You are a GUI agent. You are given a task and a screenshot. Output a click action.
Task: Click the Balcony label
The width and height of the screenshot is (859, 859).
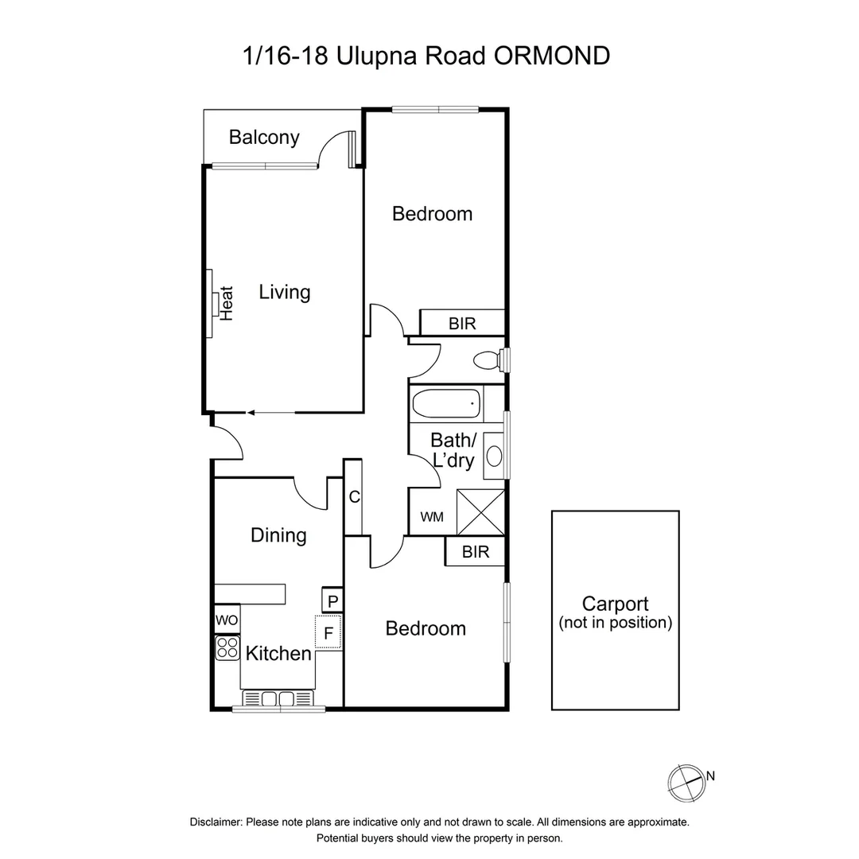pyautogui.click(x=264, y=138)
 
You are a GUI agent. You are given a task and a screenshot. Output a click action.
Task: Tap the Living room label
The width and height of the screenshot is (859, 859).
pyautogui.click(x=284, y=292)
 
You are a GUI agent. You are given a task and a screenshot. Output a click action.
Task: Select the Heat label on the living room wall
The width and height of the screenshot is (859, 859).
pyautogui.click(x=227, y=303)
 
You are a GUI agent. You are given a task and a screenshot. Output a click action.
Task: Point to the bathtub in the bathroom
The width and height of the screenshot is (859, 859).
pyautogui.click(x=448, y=403)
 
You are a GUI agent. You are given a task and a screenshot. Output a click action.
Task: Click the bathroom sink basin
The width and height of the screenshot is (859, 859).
pyautogui.click(x=494, y=456)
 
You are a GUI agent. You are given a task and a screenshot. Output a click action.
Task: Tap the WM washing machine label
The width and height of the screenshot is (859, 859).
pyautogui.click(x=432, y=518)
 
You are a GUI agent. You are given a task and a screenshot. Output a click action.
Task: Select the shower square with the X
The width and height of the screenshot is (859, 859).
pyautogui.click(x=480, y=511)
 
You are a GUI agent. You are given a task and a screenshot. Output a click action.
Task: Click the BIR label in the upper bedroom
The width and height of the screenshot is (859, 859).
pyautogui.click(x=462, y=324)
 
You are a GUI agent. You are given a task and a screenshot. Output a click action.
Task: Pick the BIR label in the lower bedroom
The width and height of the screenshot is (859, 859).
pyautogui.click(x=474, y=552)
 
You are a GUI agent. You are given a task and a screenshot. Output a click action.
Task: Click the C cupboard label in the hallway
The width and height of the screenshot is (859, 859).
pyautogui.click(x=355, y=497)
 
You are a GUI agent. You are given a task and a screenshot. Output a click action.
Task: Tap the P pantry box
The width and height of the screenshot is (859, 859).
pyautogui.click(x=332, y=601)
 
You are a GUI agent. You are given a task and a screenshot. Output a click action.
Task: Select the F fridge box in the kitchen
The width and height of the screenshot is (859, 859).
pyautogui.click(x=328, y=634)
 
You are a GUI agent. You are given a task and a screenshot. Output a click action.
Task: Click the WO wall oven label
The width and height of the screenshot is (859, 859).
pyautogui.click(x=227, y=619)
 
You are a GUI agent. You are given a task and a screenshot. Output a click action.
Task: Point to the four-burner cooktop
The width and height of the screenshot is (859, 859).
pyautogui.click(x=227, y=648)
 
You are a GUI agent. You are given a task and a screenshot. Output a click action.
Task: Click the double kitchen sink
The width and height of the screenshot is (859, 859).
pyautogui.click(x=278, y=698)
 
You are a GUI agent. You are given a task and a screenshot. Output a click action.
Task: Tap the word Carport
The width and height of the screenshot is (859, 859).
pyautogui.click(x=615, y=604)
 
